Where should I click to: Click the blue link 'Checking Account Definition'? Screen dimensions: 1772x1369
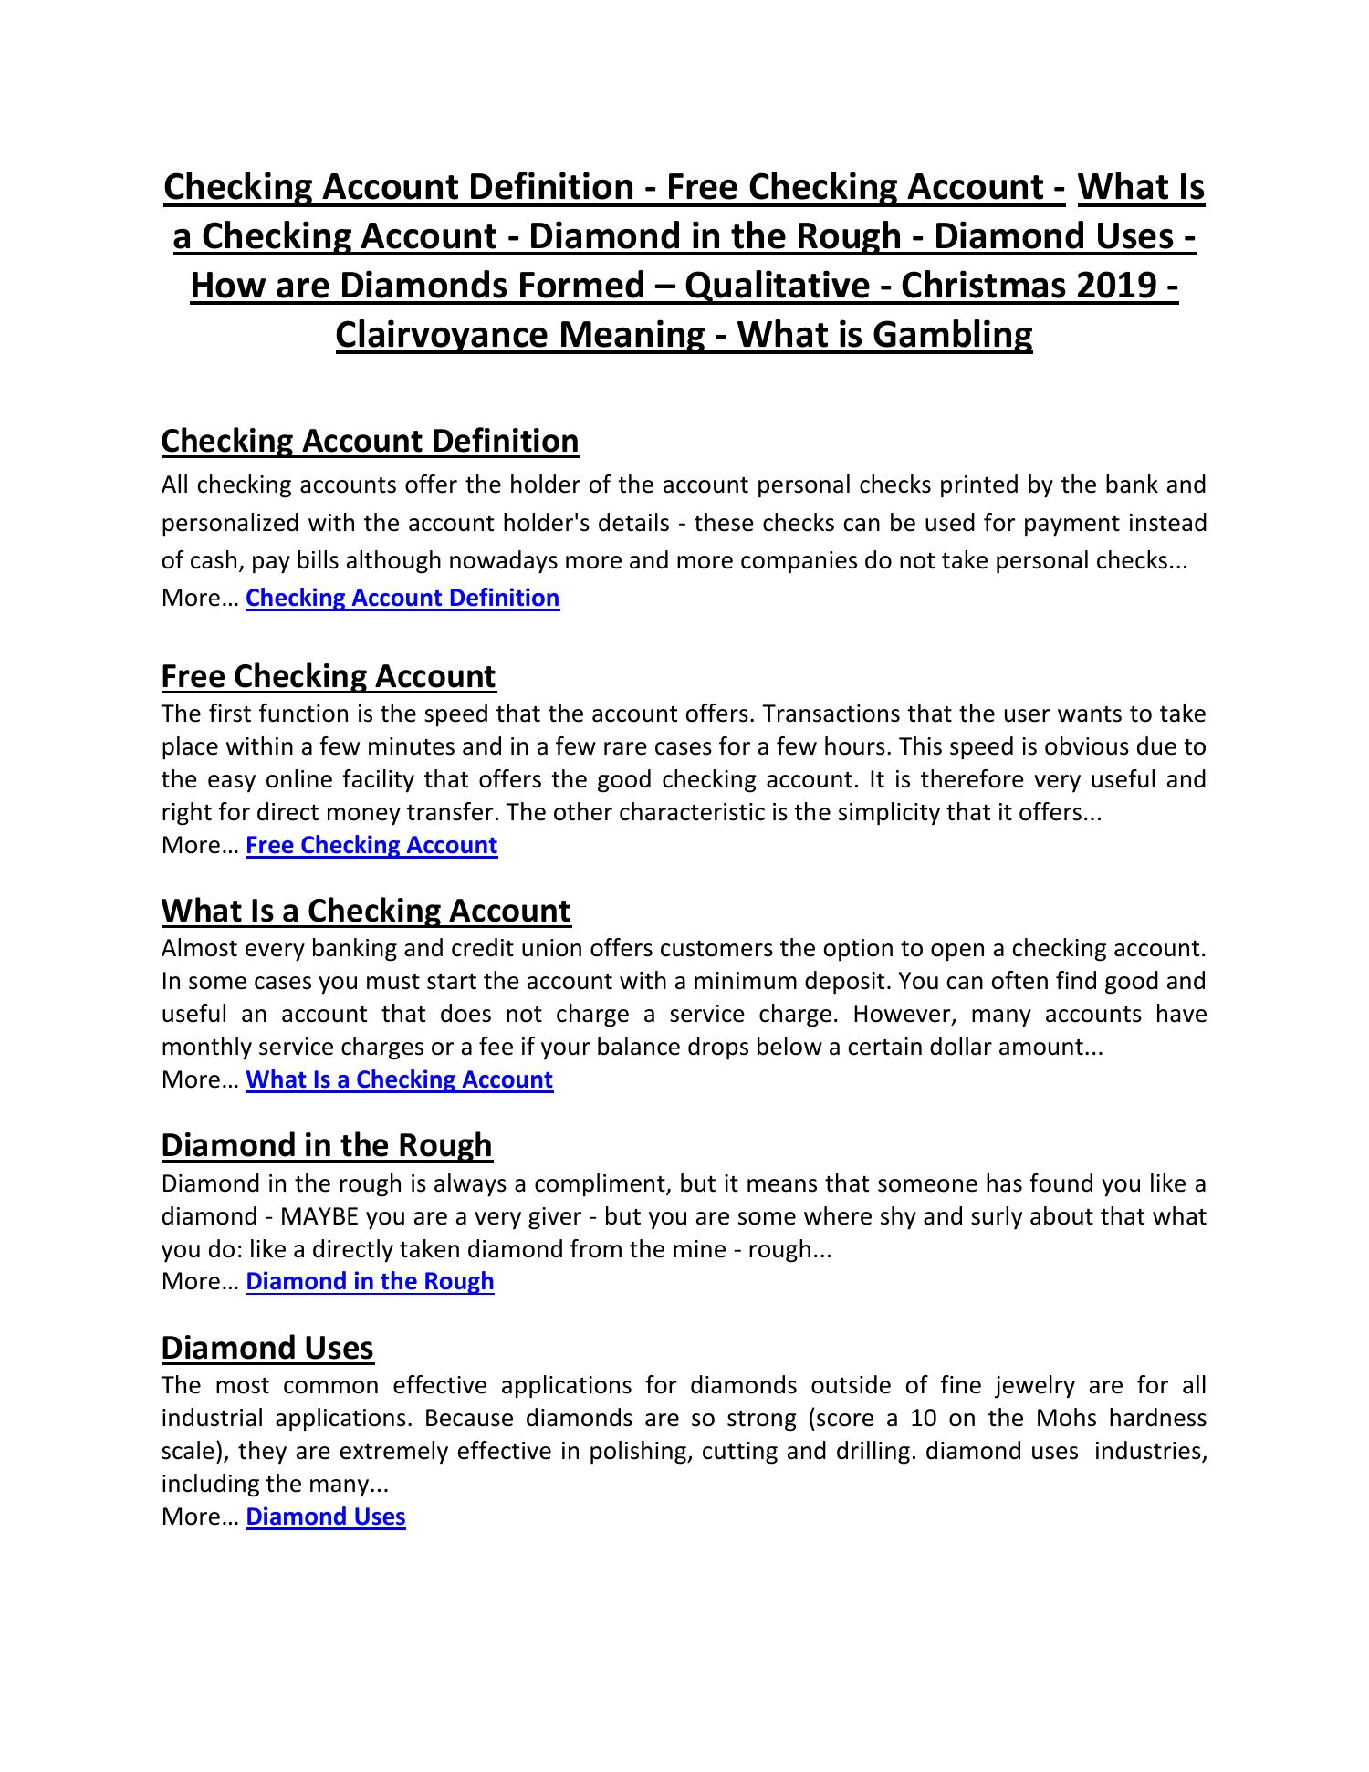pyautogui.click(x=402, y=598)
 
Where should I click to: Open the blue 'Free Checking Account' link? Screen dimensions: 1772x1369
pyautogui.click(x=371, y=845)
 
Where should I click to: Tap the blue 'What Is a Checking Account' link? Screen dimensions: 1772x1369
pyautogui.click(x=399, y=1079)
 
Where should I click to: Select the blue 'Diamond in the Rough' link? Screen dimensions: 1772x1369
pyautogui.click(x=370, y=1281)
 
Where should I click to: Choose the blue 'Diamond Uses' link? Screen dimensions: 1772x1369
pyautogui.click(x=326, y=1517)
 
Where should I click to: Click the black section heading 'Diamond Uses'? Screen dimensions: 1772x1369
pyautogui.click(x=267, y=1348)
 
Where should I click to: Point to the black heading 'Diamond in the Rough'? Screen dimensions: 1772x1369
pyautogui.click(x=327, y=1145)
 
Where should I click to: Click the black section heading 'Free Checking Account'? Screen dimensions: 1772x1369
pyautogui.click(x=329, y=676)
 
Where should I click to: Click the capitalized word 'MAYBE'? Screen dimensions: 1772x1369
pyautogui.click(x=319, y=1216)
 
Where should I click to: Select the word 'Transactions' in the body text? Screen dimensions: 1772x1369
pyautogui.click(x=826, y=714)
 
